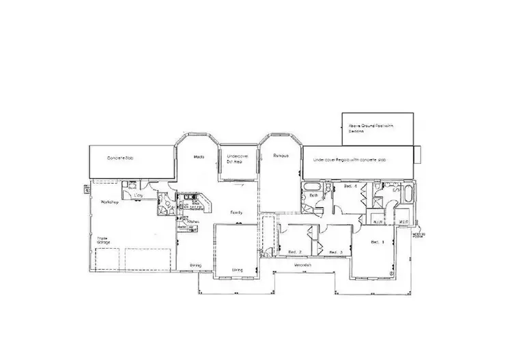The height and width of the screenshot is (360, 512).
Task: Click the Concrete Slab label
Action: pos(120,158)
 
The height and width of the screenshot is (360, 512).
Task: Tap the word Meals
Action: pos(199,157)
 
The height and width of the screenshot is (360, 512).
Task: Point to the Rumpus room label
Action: pos(277,156)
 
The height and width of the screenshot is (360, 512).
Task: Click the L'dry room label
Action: pos(138,197)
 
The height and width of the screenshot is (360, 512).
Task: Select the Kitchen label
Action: pos(193,221)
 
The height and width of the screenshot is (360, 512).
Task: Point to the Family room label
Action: pos(237,212)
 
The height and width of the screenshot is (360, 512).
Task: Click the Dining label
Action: pos(195,265)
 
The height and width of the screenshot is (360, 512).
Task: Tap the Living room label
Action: pos(236,269)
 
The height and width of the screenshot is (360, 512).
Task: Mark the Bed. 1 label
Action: pos(378,242)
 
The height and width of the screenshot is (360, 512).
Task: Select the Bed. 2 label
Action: pos(295,251)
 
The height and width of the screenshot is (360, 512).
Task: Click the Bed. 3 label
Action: pos(335,252)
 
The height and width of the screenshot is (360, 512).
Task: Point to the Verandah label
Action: pos(303,264)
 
